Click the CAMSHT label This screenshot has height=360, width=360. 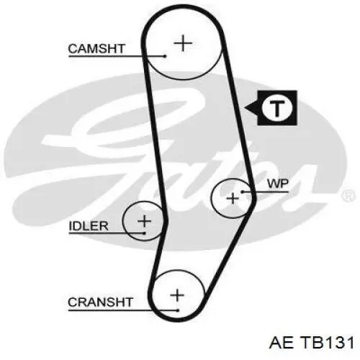pyautogui.click(x=96, y=49)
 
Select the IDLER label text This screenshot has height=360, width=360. pyautogui.click(x=89, y=226)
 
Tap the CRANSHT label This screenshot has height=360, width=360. pyautogui.click(x=100, y=302)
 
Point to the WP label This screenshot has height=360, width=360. pyautogui.click(x=278, y=184)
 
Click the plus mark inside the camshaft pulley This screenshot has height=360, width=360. pyautogui.click(x=183, y=43)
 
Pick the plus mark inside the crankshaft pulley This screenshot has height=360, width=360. pyautogui.click(x=177, y=295)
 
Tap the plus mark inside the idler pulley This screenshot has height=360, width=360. pyautogui.click(x=144, y=221)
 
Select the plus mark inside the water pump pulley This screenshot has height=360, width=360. pyautogui.click(x=233, y=199)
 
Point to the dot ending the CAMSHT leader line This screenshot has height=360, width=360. pyautogui.click(x=165, y=56)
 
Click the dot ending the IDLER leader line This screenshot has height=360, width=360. pyautogui.click(x=144, y=233)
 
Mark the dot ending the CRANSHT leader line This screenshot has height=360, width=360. pyautogui.click(x=178, y=310)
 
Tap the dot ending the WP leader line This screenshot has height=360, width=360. pyautogui.click(x=243, y=192)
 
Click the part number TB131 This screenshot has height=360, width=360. pyautogui.click(x=328, y=343)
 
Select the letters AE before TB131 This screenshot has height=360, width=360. pyautogui.click(x=282, y=343)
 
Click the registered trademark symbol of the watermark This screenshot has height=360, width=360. pyautogui.click(x=348, y=195)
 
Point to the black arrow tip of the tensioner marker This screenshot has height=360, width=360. pyautogui.click(x=246, y=108)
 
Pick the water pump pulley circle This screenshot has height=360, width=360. pyautogui.click(x=211, y=198)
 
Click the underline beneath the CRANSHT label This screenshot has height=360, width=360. pyautogui.click(x=122, y=310)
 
